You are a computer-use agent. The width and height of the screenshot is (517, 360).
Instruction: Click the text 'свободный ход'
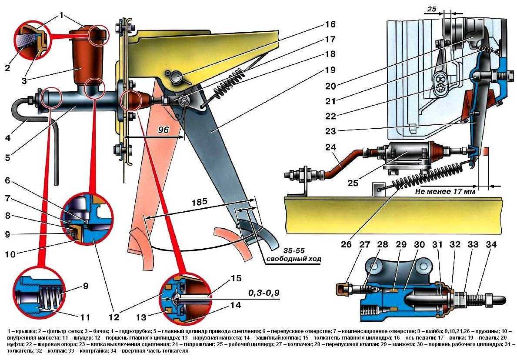pos(294,259)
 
